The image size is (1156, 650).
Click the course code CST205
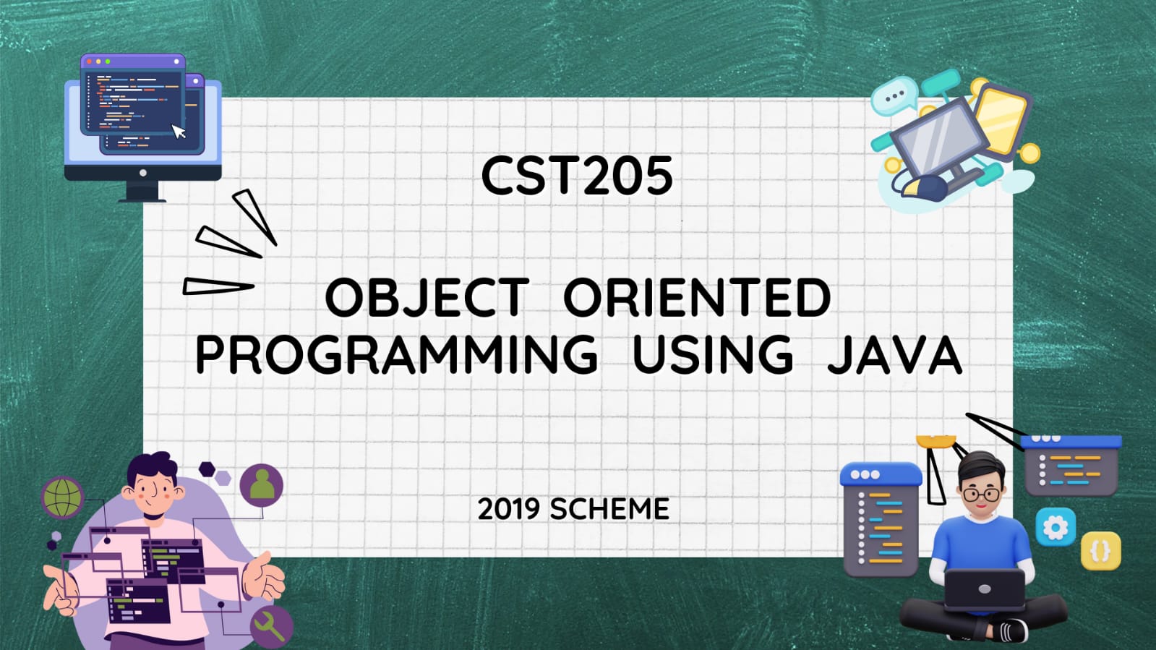(x=577, y=176)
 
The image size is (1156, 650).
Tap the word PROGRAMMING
(x=396, y=354)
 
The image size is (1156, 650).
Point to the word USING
(x=713, y=354)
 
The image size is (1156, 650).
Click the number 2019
(x=508, y=509)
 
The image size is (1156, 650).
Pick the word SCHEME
(x=609, y=509)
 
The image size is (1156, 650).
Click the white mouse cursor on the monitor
(x=179, y=131)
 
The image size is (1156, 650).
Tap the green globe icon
(x=62, y=497)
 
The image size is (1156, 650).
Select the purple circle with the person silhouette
(x=262, y=485)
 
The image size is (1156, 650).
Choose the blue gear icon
(x=1056, y=527)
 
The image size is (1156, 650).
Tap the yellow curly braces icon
(x=1101, y=551)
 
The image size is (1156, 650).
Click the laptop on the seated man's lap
(x=985, y=589)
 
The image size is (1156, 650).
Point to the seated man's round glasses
(x=981, y=495)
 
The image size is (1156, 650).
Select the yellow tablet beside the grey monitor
(x=1002, y=120)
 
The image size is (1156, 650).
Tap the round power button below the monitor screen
(x=143, y=173)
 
